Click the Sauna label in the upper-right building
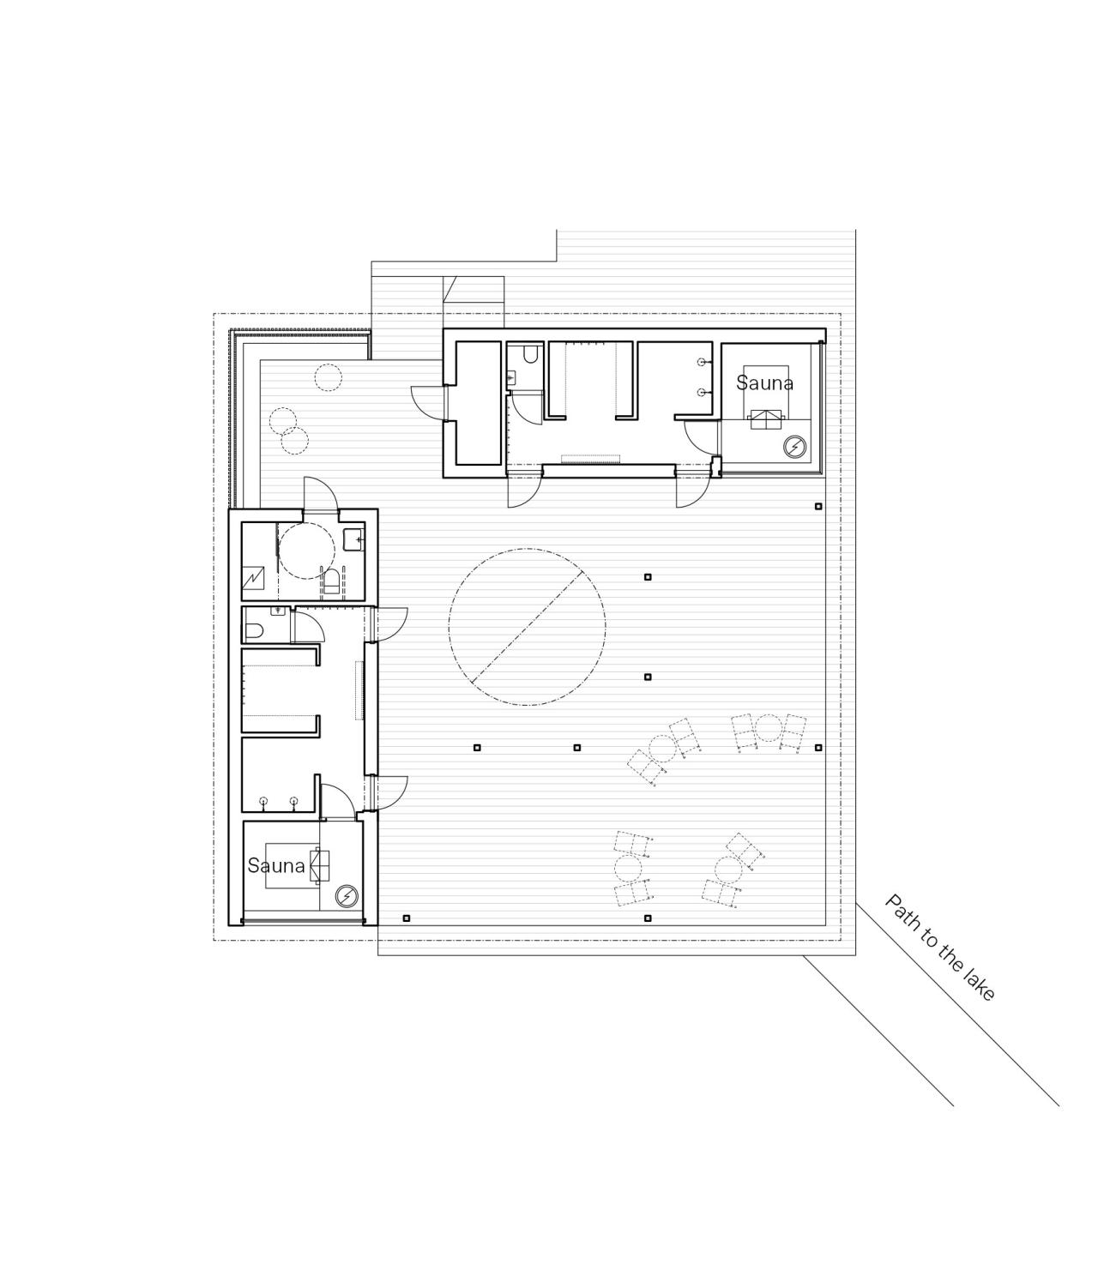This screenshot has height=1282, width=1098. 764,382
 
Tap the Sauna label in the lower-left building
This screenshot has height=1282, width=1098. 276,865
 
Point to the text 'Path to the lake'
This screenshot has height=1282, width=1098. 940,947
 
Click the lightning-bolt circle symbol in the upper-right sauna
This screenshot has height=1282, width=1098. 795,447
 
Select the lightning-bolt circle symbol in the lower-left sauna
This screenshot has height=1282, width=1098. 346,896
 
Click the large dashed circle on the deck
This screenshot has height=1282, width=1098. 527,627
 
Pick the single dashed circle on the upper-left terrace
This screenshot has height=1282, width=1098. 327,376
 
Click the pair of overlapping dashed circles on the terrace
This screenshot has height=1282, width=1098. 289,431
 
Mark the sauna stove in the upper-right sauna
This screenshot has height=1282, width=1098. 766,418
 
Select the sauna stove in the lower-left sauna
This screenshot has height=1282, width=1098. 320,865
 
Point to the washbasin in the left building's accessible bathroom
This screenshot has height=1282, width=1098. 354,539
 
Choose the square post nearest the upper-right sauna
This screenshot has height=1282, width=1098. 818,506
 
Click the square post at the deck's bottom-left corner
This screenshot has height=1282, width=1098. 407,918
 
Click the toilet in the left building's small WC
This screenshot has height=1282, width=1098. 254,632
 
